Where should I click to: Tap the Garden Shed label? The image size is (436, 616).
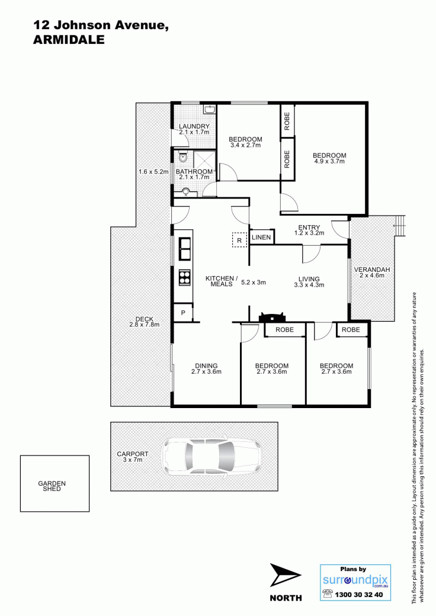tap(52, 486)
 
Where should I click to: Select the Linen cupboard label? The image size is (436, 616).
tap(261, 238)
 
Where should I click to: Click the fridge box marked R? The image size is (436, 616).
tap(239, 240)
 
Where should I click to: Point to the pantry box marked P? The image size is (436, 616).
tap(183, 313)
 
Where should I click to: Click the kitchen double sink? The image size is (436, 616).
tap(185, 248)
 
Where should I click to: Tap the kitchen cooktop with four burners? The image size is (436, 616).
tap(185, 277)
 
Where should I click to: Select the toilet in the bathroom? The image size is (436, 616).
tap(183, 158)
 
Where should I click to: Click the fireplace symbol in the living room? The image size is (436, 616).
tap(271, 317)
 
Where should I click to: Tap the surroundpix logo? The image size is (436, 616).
tap(355, 580)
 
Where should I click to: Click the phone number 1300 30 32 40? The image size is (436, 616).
tap(358, 595)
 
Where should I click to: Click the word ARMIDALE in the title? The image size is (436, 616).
tap(69, 40)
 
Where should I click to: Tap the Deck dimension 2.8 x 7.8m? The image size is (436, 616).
tap(144, 325)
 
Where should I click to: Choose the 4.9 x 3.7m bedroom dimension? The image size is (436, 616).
tap(329, 161)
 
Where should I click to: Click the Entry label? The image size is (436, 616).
tap(309, 227)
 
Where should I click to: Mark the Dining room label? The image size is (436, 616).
tap(206, 366)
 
